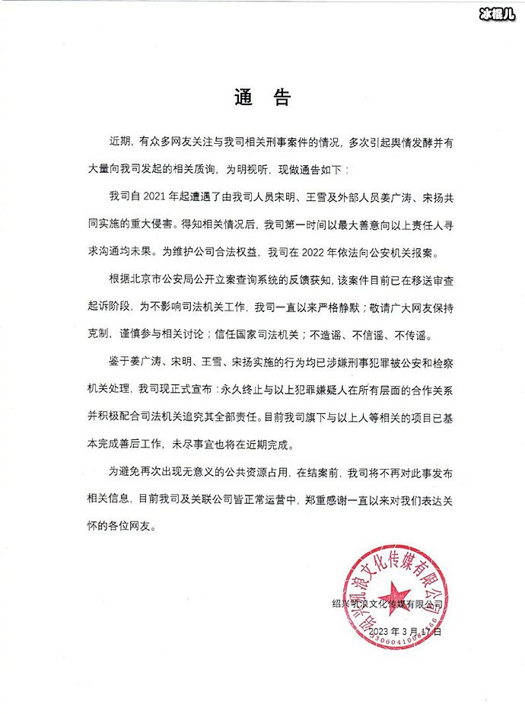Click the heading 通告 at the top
click(x=262, y=97)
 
